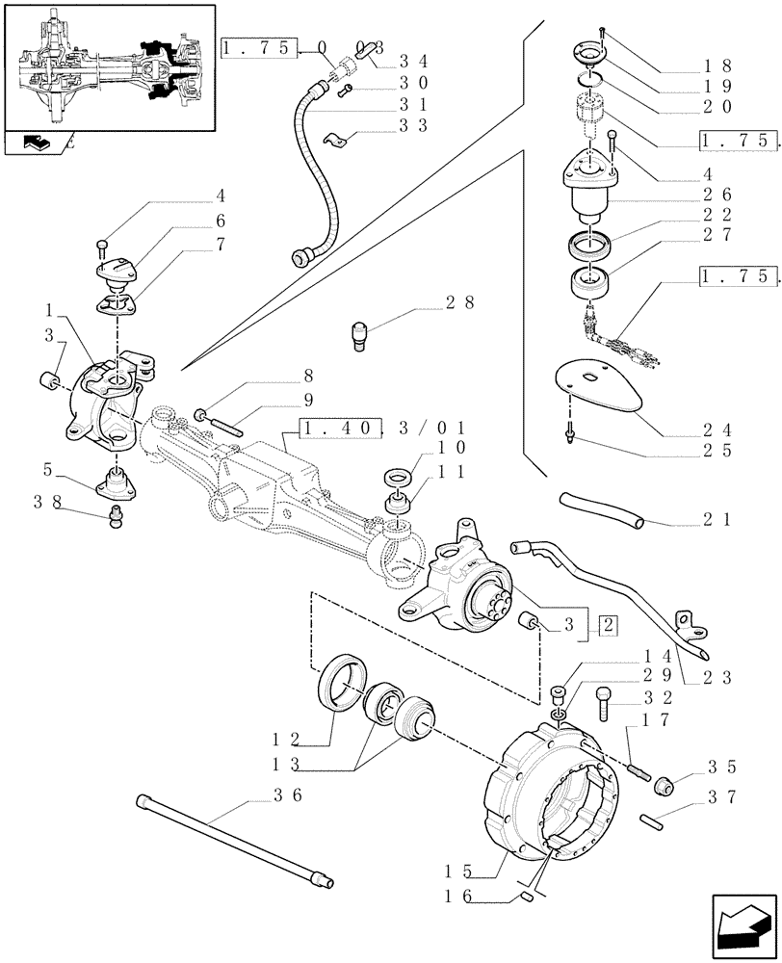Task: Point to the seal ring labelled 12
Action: pos(342,683)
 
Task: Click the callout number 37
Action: pos(719,795)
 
